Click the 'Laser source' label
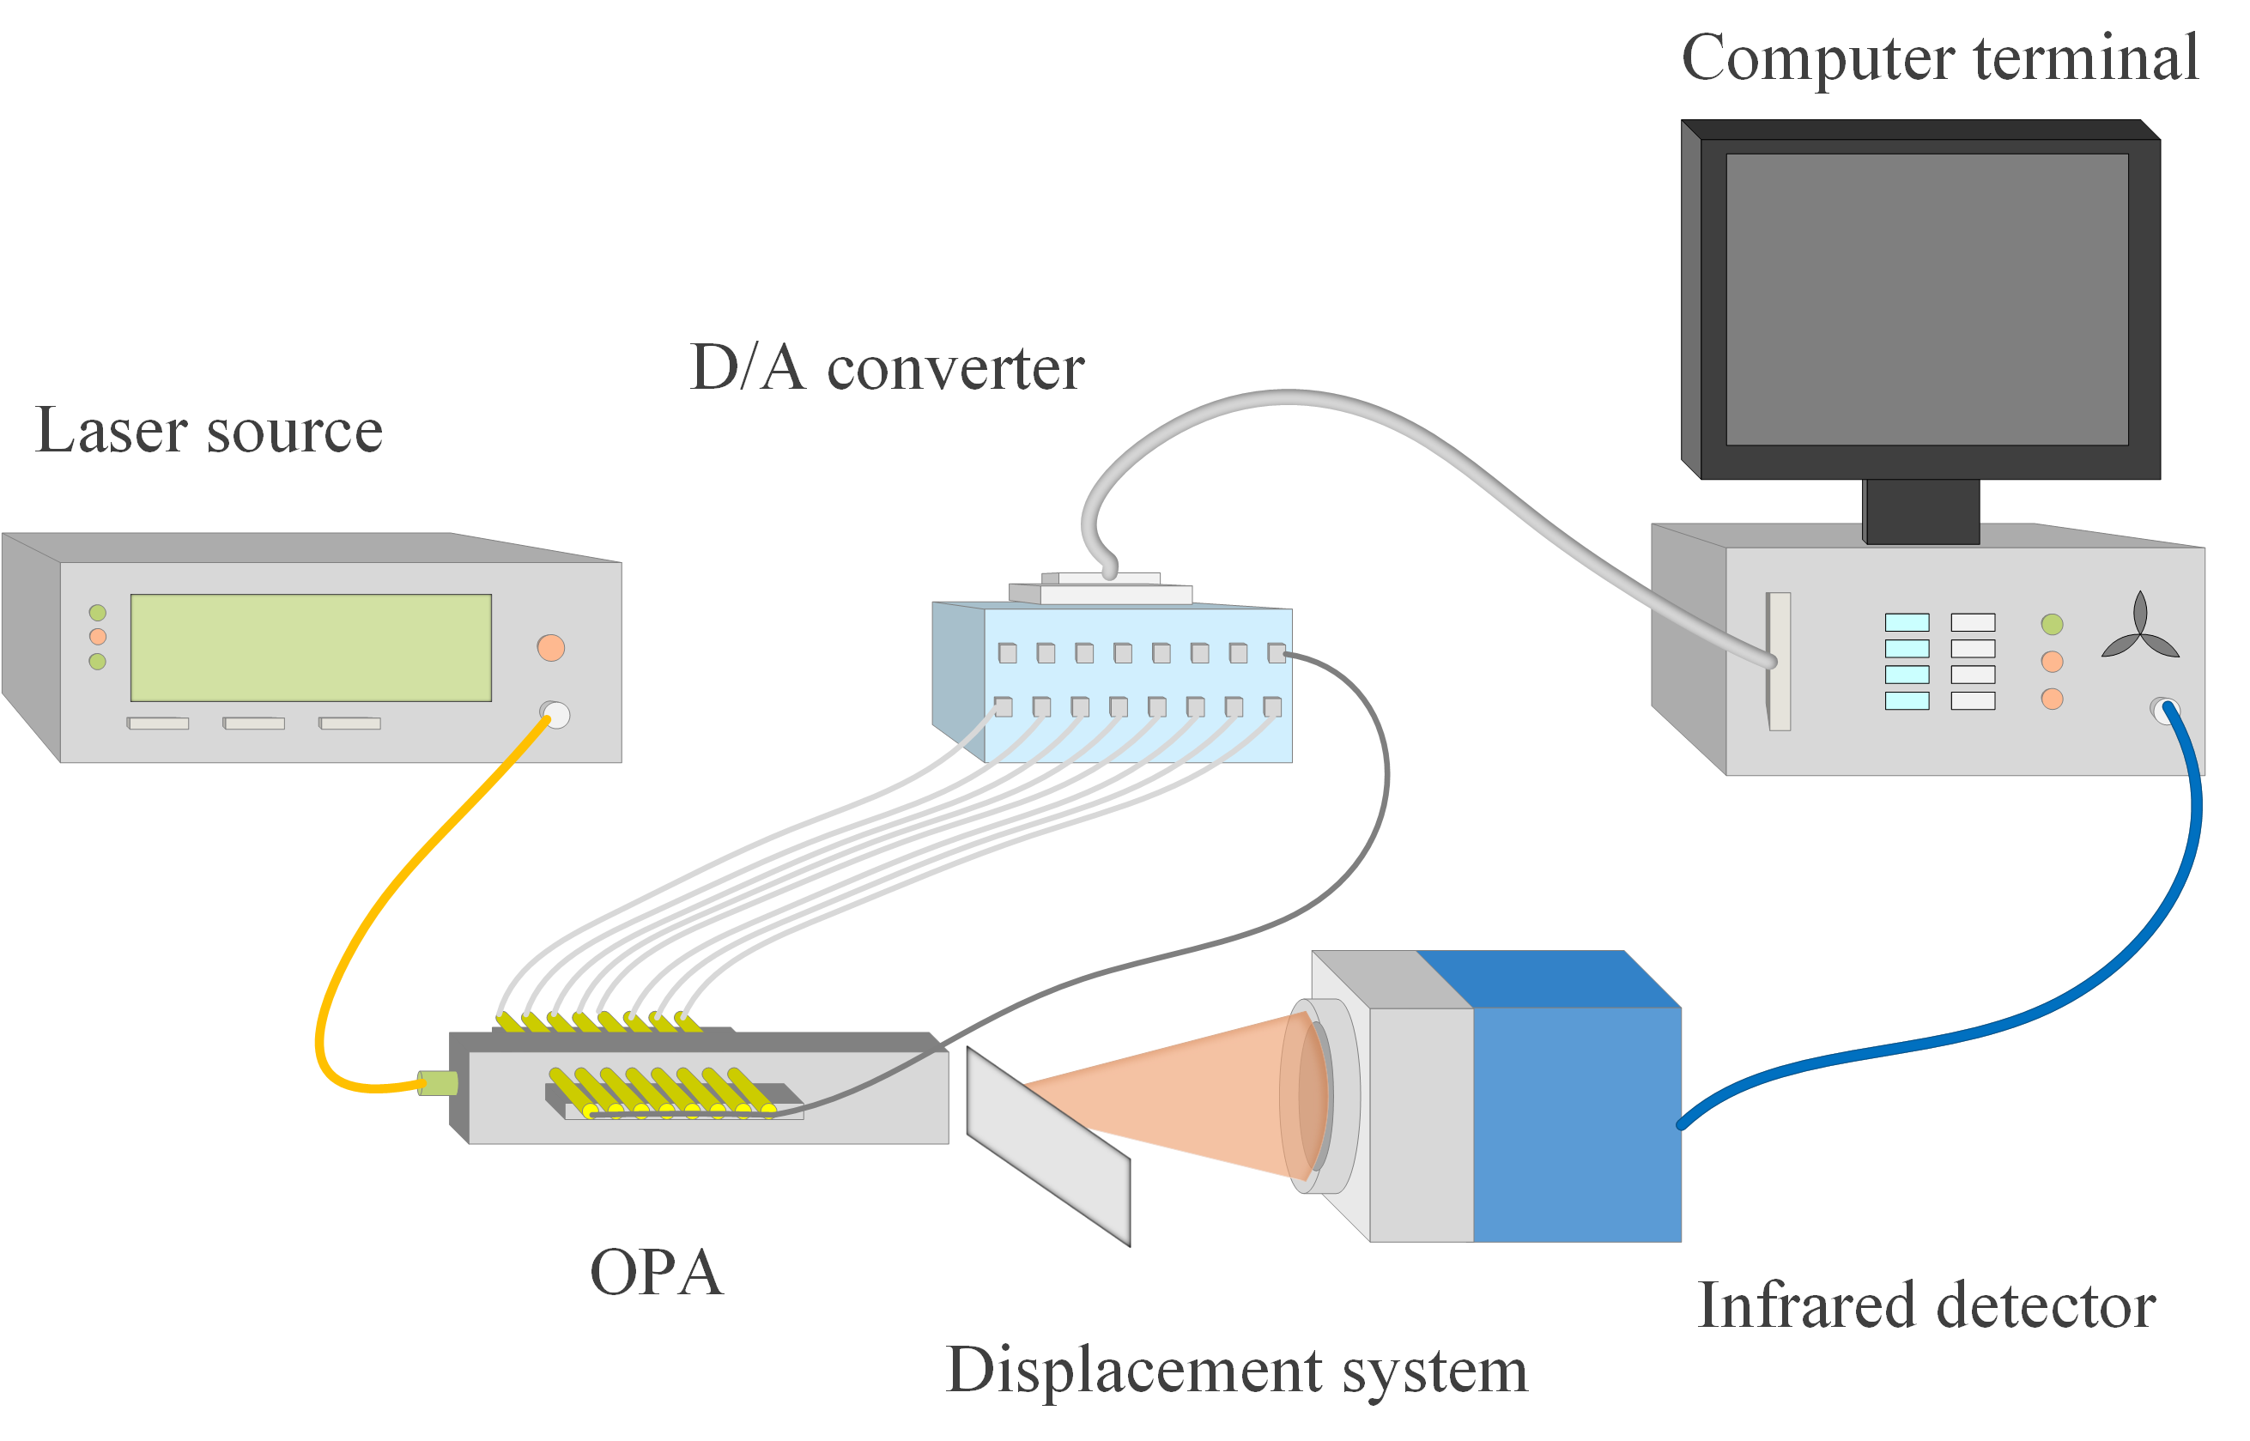[209, 432]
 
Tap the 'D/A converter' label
[886, 367]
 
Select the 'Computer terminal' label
[1939, 58]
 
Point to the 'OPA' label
[656, 1274]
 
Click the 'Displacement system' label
[1236, 1371]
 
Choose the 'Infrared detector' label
[1926, 1306]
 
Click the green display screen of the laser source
[311, 647]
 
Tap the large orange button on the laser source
[550, 647]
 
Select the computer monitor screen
[1926, 300]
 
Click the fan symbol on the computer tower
[2139, 629]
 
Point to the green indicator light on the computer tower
[2052, 624]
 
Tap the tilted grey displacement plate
[1048, 1147]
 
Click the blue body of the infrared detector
[1577, 1123]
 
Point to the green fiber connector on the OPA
[438, 1084]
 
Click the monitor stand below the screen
[1921, 511]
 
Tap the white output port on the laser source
[556, 715]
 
